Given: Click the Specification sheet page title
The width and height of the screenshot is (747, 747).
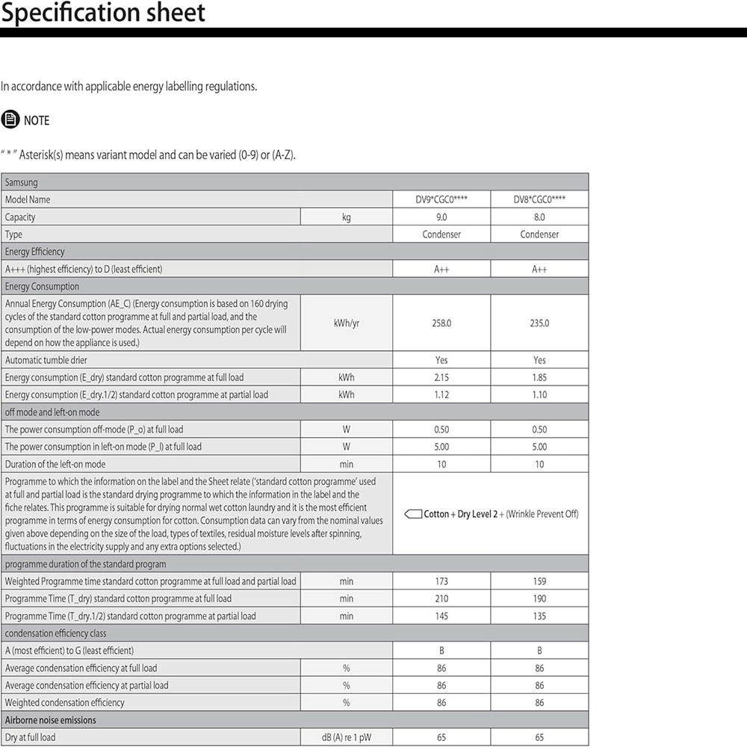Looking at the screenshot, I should (103, 13).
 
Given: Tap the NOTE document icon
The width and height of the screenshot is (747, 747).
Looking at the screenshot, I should (10, 120).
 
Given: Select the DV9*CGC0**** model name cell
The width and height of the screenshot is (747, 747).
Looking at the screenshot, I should (441, 199).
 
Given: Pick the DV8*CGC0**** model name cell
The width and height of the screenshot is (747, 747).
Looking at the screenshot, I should (539, 199).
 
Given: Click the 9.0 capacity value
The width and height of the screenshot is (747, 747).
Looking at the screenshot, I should (441, 217).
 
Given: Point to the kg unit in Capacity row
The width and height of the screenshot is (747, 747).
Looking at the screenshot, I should (346, 217).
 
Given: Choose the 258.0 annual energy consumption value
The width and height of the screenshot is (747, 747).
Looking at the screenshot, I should (441, 323).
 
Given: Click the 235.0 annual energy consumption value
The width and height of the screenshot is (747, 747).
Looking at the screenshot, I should (539, 323).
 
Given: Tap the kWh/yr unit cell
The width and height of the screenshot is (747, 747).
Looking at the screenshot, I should (346, 323).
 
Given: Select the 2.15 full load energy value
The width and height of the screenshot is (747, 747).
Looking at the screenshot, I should (441, 377).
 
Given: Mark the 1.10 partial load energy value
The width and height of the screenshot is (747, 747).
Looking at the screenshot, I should (539, 394).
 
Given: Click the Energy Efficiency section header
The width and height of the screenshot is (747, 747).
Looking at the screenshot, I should (35, 252).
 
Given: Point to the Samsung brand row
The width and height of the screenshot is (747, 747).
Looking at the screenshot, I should (22, 182).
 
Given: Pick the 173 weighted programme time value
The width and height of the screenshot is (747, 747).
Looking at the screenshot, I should (441, 581).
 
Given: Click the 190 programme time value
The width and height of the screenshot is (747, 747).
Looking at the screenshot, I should (539, 598).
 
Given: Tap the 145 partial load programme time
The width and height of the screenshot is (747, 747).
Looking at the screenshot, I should (441, 616).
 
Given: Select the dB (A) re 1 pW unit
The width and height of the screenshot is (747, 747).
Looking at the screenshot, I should (346, 737).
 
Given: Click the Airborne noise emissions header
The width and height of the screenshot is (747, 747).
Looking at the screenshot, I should (51, 720).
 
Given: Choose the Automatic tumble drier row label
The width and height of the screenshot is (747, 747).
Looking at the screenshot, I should (46, 360).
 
